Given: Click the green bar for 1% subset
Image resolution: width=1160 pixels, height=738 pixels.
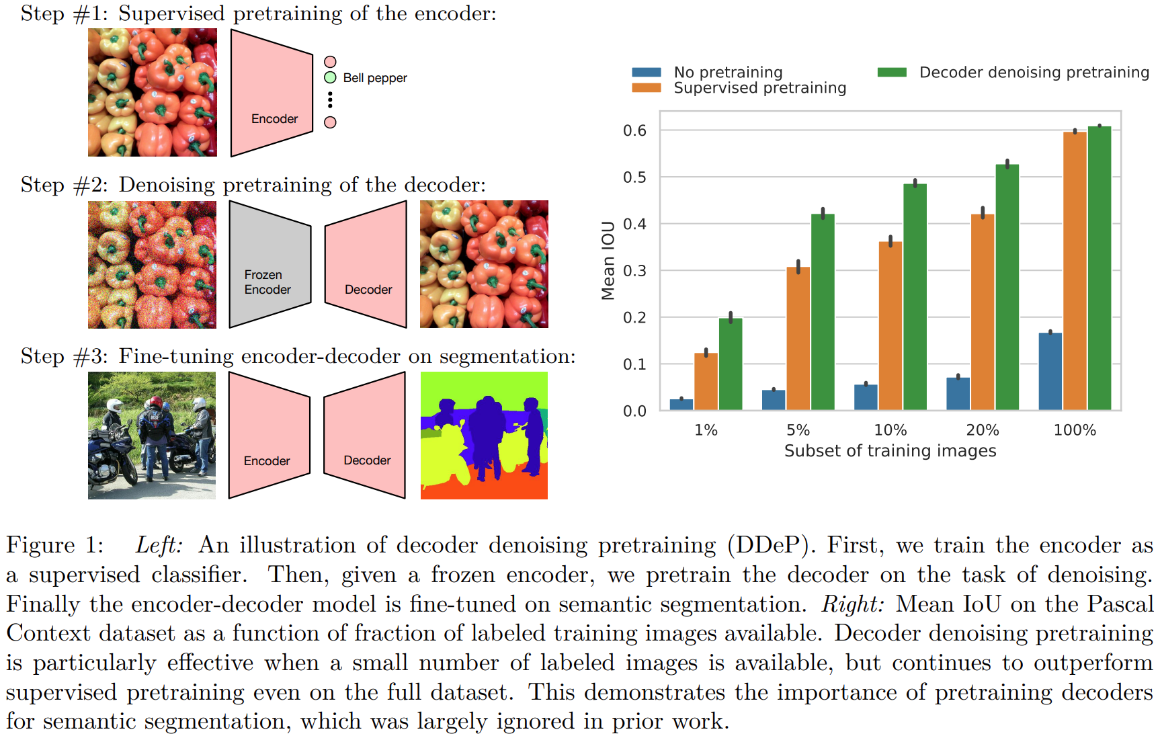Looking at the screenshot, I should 731,364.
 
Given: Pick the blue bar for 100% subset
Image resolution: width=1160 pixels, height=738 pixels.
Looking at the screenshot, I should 1050,371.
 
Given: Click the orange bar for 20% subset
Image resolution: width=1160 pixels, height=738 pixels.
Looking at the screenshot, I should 983,312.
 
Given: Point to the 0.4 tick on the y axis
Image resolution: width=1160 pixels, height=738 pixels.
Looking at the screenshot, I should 634,224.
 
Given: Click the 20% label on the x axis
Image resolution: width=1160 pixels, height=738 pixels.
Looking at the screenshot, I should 983,430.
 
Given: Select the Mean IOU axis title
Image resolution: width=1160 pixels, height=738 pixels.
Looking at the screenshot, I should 608,260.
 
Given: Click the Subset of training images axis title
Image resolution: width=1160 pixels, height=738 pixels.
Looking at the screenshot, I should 890,451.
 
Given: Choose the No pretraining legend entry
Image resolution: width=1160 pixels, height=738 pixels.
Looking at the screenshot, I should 728,72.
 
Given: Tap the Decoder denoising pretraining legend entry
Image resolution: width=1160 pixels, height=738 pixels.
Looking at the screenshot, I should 1034,72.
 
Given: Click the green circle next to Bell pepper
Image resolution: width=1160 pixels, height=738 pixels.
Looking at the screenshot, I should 330,77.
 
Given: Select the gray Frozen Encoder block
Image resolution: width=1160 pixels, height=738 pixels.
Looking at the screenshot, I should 270,265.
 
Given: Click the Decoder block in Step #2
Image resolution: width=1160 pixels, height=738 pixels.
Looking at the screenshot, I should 366,265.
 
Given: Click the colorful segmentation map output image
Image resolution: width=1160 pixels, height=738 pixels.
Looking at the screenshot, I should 484,436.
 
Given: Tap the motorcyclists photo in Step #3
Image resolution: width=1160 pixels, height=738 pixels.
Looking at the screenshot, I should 152,436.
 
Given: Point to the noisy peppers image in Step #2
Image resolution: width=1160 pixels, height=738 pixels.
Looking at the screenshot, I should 152,265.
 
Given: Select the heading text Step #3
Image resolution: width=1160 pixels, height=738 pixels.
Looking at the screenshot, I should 64,356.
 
